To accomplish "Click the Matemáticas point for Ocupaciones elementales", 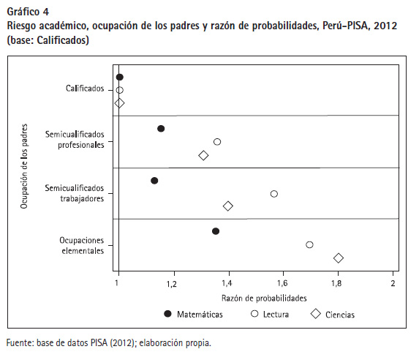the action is (x=216, y=231).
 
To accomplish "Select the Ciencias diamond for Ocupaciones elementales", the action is (x=339, y=258).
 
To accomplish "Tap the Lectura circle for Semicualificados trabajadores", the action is (x=274, y=194).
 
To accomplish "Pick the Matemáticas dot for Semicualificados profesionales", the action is (x=161, y=129).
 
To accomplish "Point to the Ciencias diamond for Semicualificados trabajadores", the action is (x=228, y=206).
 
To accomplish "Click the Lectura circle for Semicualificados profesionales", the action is (x=217, y=142).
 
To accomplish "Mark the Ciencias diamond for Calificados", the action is (x=119, y=103).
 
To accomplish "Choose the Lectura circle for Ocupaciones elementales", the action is (x=309, y=244).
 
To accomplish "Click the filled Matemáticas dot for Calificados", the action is (x=120, y=78).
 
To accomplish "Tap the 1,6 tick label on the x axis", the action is (x=282, y=283).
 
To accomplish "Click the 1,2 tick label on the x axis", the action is (x=172, y=283).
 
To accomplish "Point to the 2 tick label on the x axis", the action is (x=393, y=283).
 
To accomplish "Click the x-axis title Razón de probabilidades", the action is (x=264, y=299).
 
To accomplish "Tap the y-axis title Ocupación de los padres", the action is (x=24, y=166).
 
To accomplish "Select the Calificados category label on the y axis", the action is (x=85, y=89).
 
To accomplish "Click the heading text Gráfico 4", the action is (x=28, y=12).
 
